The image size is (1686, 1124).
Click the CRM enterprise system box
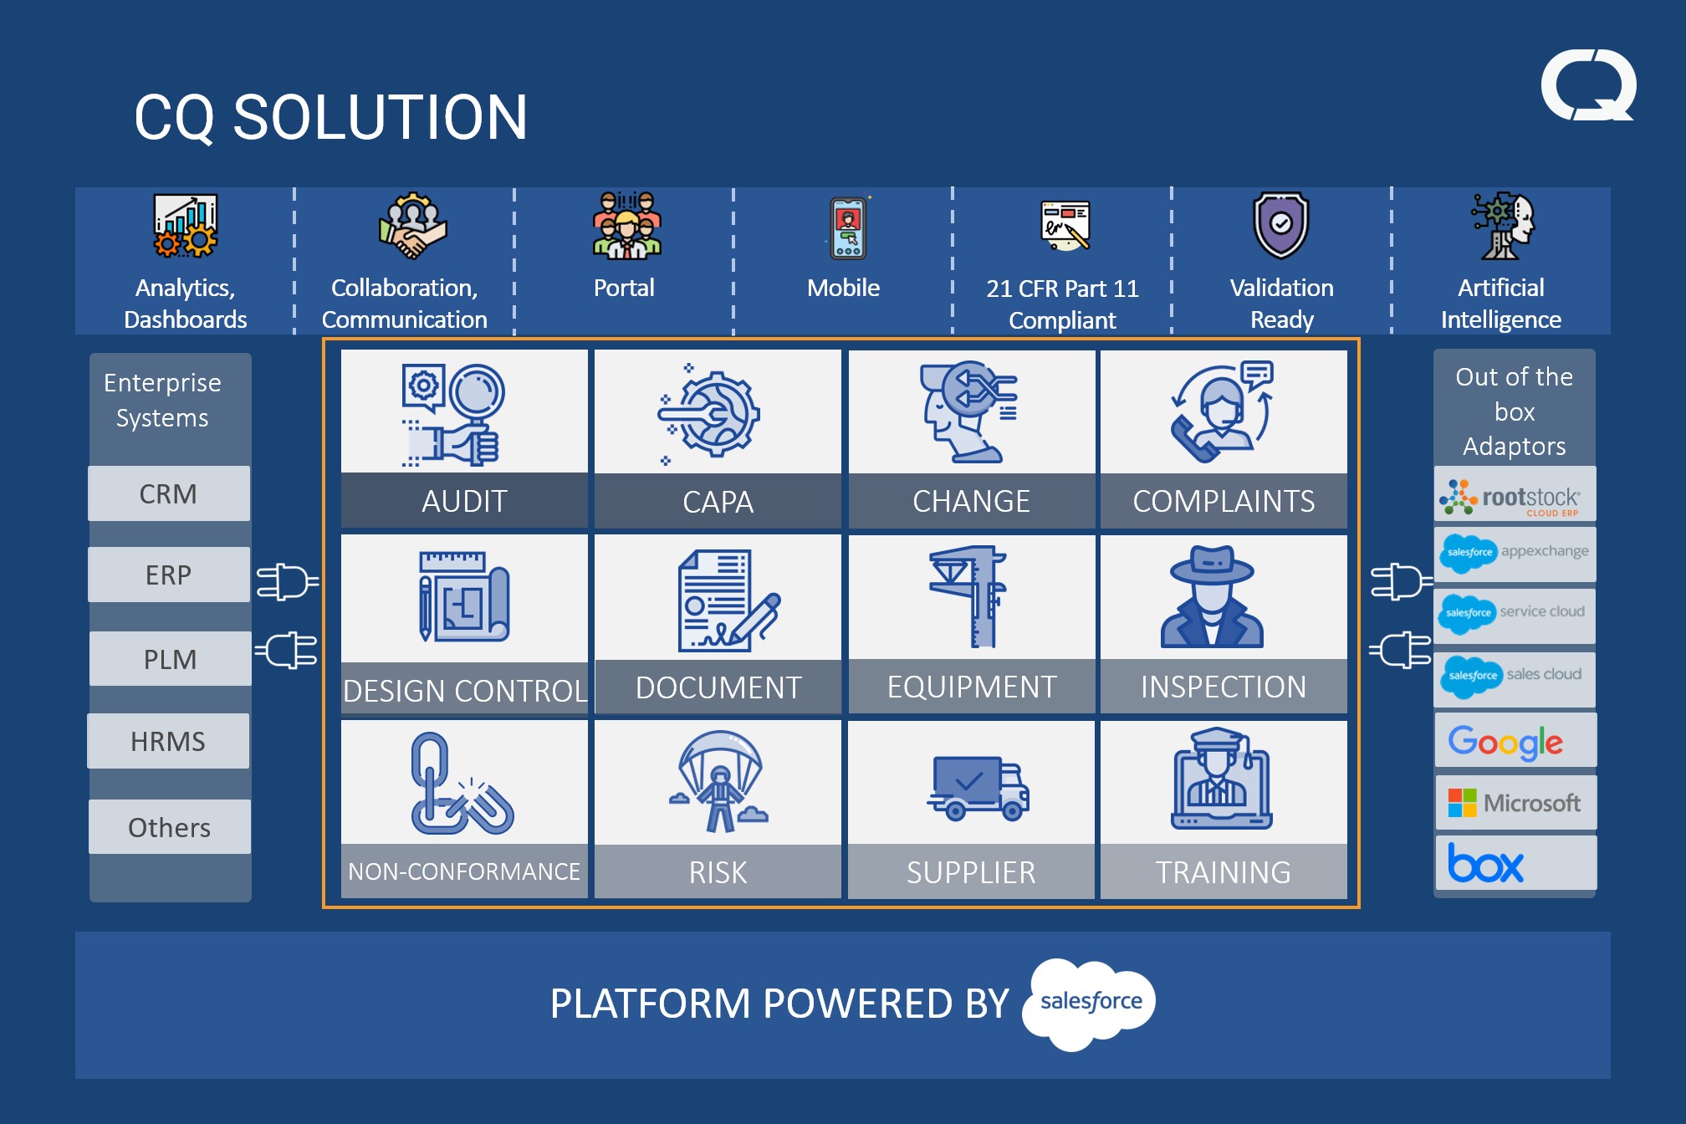click(x=168, y=493)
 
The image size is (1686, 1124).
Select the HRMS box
click(x=168, y=741)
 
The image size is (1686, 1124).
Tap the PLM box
click(x=170, y=659)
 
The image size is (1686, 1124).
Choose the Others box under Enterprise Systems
click(x=169, y=827)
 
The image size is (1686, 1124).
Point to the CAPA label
click(x=718, y=501)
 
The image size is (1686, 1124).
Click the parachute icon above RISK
click(x=718, y=781)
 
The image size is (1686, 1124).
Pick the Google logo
click(x=1505, y=742)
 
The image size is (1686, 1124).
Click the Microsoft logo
click(x=1515, y=803)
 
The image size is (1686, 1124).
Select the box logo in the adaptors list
click(x=1486, y=863)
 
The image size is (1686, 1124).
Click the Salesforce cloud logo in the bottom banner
click(x=1091, y=1002)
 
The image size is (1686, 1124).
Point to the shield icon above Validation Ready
click(x=1280, y=224)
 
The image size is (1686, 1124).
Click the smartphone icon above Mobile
click(x=847, y=227)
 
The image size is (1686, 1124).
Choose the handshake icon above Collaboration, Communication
click(x=411, y=227)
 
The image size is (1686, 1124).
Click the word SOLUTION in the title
click(x=380, y=117)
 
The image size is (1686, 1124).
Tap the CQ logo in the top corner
click(x=1587, y=85)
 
